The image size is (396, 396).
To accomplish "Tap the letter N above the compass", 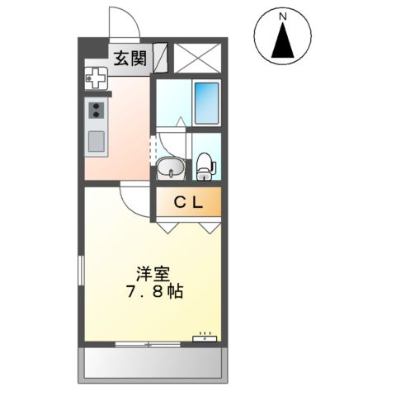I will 282,15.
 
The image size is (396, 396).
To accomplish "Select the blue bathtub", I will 205,103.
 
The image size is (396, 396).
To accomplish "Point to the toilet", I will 204,166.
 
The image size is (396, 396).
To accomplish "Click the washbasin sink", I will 171,168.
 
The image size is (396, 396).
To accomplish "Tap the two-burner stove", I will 96,110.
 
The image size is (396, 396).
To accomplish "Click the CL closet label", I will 190,202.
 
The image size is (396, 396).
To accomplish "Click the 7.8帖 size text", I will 154,292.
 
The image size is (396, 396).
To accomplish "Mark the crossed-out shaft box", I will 196,58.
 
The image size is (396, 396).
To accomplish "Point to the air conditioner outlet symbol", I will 205,336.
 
